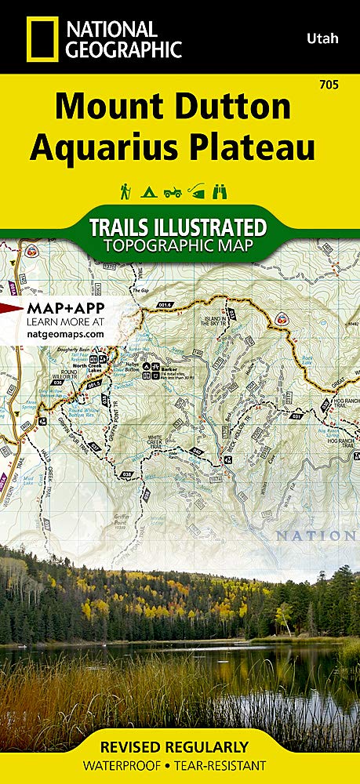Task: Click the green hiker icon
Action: pos(124,191)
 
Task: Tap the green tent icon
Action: pos(147,191)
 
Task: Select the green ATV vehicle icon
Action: pos(172,191)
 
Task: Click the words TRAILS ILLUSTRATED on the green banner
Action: pos(177,227)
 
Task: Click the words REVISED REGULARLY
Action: pos(180,746)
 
